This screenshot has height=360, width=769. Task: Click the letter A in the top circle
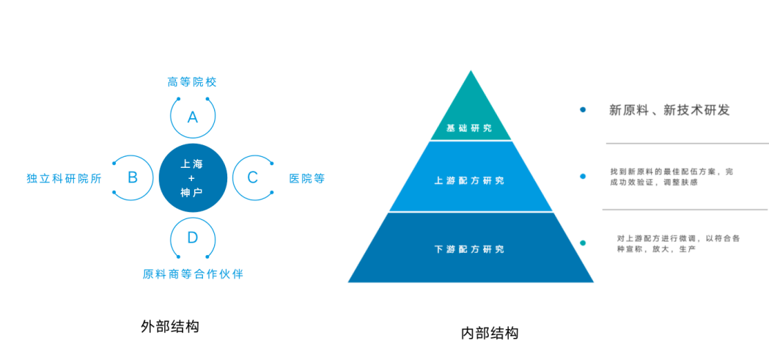tap(193, 117)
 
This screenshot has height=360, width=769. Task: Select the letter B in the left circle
tap(133, 177)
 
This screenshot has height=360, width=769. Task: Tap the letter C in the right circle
tap(252, 177)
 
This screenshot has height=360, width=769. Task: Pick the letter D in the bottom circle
tap(193, 238)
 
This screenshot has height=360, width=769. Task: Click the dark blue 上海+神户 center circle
tap(192, 177)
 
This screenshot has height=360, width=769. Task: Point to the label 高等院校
tap(192, 81)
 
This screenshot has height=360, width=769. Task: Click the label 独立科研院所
tap(64, 178)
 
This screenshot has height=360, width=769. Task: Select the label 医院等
tap(306, 178)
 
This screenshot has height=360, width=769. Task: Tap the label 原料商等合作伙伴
tap(193, 274)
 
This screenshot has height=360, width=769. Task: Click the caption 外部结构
tap(169, 326)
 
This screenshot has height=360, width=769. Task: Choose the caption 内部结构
tap(490, 333)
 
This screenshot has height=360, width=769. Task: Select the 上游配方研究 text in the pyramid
tap(469, 180)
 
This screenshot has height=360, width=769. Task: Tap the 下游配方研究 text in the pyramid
tap(469, 249)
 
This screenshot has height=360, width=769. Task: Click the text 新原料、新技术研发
tap(669, 110)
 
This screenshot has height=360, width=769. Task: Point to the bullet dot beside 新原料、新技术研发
tap(583, 110)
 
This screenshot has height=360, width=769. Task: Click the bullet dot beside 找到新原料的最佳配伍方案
tap(583, 176)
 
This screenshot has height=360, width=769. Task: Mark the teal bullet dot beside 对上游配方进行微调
tap(583, 243)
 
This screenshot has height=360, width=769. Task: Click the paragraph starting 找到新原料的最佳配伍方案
tap(671, 177)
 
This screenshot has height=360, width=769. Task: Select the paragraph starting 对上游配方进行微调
tap(678, 243)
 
